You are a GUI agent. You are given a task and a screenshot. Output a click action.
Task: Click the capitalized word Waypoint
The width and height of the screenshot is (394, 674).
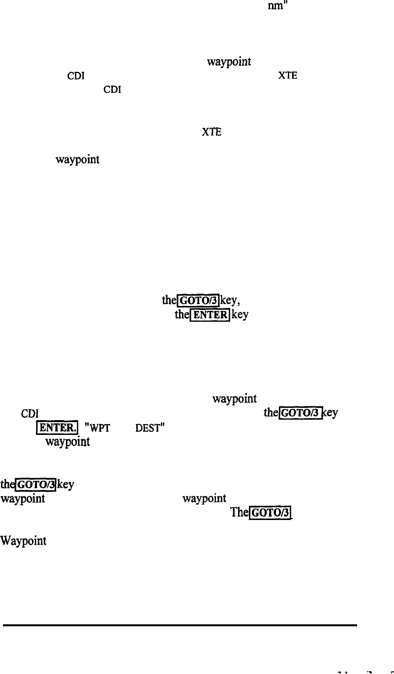(x=24, y=541)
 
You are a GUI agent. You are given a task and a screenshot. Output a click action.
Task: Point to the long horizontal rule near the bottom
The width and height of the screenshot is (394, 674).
(x=180, y=625)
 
